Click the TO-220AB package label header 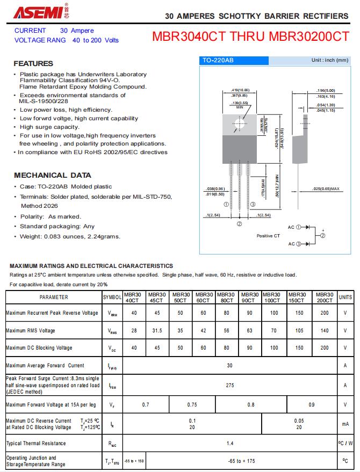pyautogui.click(x=218, y=61)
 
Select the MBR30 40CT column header pyautogui.click(x=133, y=297)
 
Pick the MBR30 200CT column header pyautogui.click(x=324, y=297)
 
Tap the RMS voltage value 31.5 pyautogui.click(x=156, y=330)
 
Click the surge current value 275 pyautogui.click(x=230, y=385)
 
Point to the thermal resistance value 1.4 pyautogui.click(x=230, y=443)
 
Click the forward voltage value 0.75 pyautogui.click(x=192, y=404)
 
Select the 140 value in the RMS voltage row pyautogui.click(x=324, y=330)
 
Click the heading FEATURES pyautogui.click(x=33, y=63)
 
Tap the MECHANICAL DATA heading pyautogui.click(x=52, y=175)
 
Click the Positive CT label pyautogui.click(x=268, y=236)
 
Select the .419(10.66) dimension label pyautogui.click(x=240, y=90)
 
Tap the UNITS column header pyautogui.click(x=345, y=297)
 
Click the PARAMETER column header pyautogui.click(x=54, y=297)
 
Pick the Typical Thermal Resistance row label pyautogui.click(x=36, y=443)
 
